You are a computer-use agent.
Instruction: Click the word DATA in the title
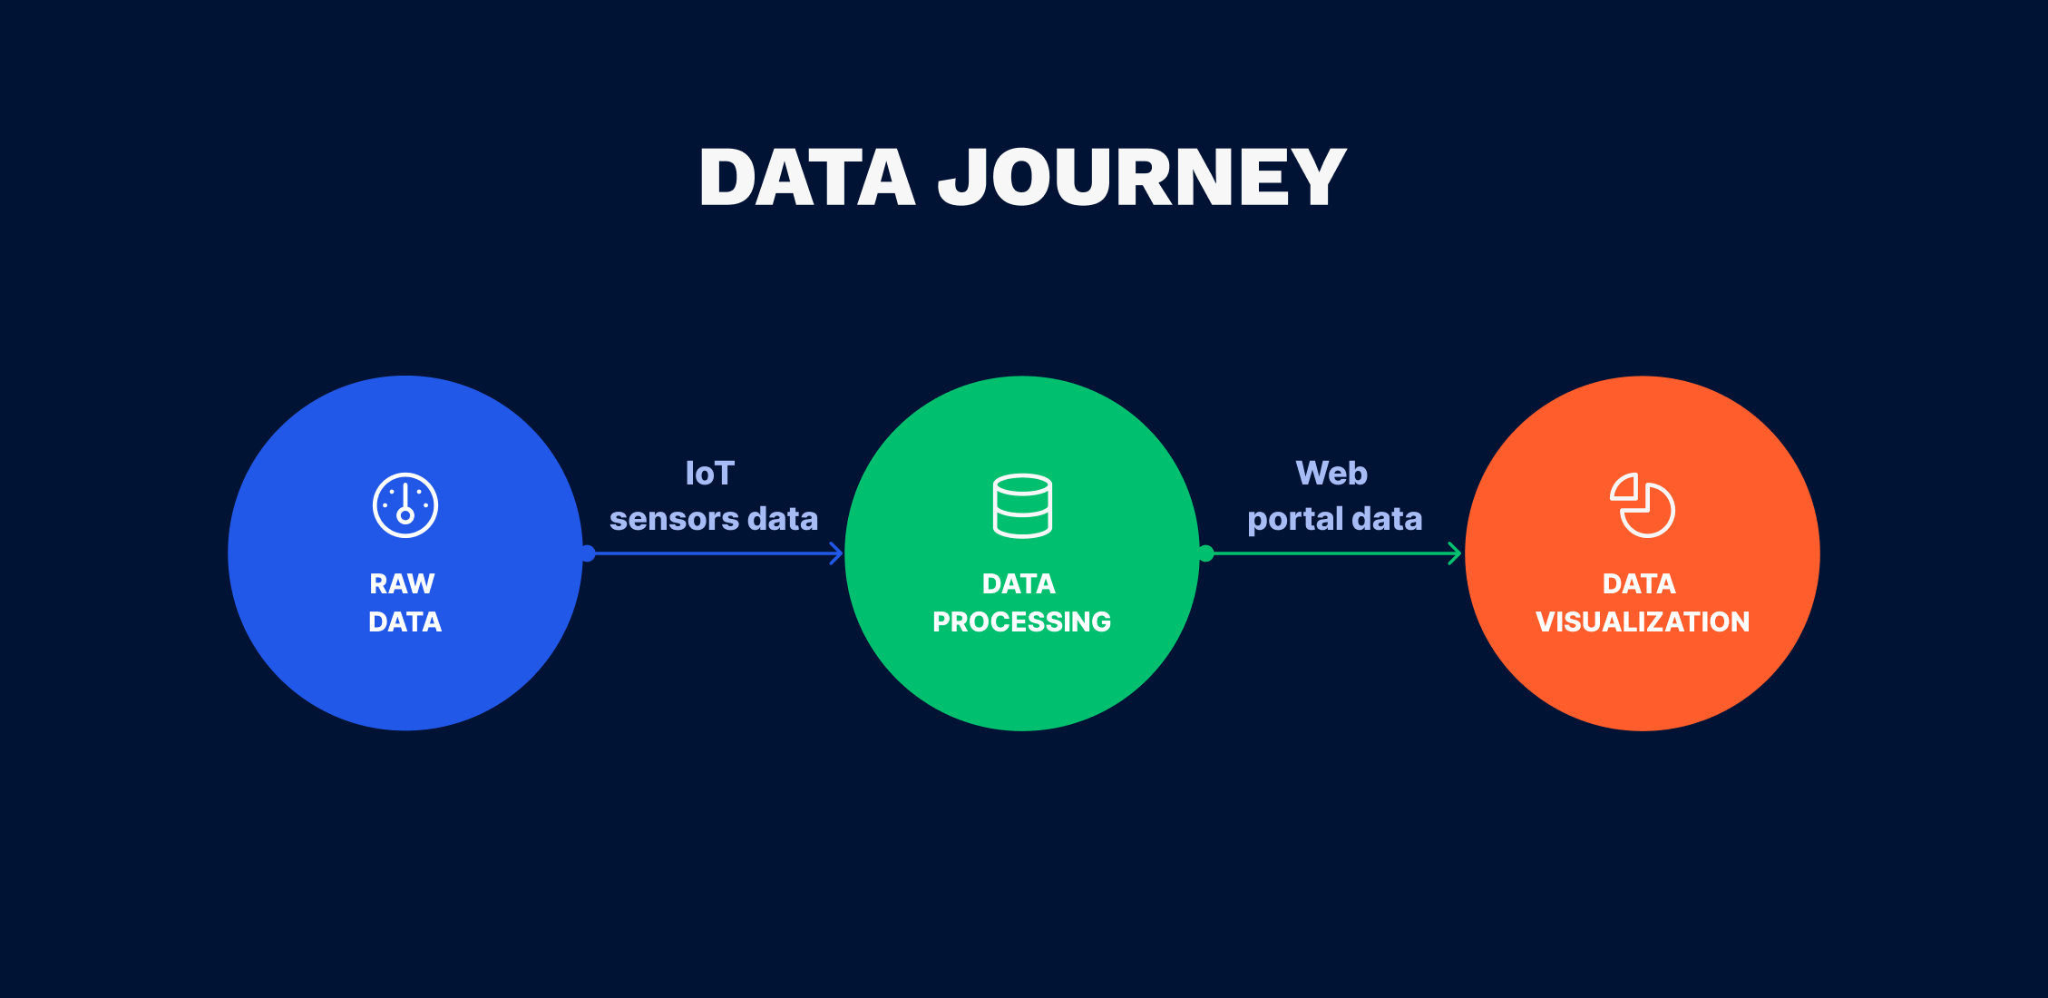[806, 178]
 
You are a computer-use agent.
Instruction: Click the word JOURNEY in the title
[1142, 178]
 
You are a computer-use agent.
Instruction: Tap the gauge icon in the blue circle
[405, 505]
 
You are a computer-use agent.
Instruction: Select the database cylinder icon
[1022, 505]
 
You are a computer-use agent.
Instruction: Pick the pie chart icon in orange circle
[1642, 505]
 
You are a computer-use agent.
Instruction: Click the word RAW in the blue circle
[402, 583]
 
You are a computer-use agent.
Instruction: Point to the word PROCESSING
[1021, 621]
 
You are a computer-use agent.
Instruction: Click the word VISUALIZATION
[1642, 621]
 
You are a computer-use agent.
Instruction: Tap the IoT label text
[709, 474]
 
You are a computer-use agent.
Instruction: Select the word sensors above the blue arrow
[674, 519]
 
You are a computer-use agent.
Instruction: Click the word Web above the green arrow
[1331, 474]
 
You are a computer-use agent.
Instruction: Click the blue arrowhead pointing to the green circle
[837, 553]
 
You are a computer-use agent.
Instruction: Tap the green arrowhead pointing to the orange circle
[1456, 553]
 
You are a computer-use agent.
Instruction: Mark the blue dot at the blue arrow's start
[588, 553]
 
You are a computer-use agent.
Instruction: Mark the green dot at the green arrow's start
[1206, 553]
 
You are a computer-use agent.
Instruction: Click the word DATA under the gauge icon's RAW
[405, 621]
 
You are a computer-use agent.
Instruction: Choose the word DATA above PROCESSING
[1019, 583]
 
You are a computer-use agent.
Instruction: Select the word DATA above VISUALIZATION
[1639, 583]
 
